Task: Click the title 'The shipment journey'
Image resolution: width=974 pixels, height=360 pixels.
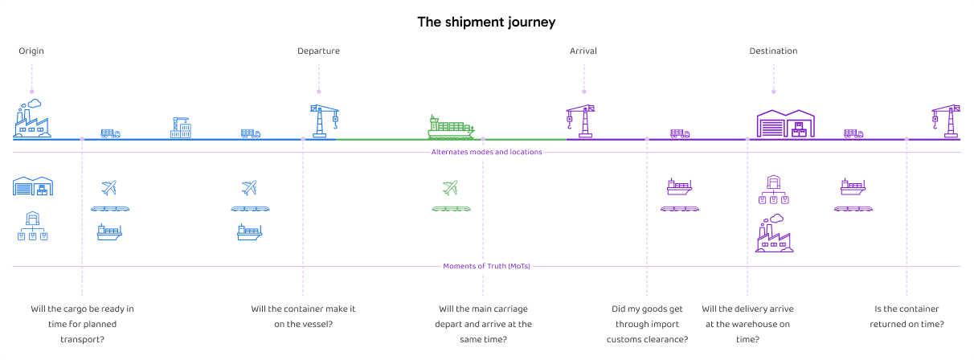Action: [x=486, y=22]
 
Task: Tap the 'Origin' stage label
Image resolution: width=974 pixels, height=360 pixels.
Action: [x=31, y=51]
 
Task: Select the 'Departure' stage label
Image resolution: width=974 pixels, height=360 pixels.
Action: [x=318, y=51]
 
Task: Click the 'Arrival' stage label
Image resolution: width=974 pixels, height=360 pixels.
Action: [x=583, y=51]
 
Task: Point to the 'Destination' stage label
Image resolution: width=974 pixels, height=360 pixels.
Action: [x=773, y=51]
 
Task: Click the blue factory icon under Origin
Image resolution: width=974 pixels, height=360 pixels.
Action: [x=32, y=120]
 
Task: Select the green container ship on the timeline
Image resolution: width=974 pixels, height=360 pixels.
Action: [x=451, y=126]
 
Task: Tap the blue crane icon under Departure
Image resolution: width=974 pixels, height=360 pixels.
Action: [x=325, y=121]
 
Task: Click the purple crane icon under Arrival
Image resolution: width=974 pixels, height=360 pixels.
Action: [x=579, y=121]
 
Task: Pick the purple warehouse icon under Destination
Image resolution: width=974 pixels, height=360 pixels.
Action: [x=785, y=123]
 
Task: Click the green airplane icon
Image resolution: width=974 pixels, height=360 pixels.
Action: [x=450, y=188]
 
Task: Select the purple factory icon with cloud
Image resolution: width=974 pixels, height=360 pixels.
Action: [x=773, y=234]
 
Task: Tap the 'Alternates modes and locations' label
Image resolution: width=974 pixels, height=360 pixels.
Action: [x=486, y=152]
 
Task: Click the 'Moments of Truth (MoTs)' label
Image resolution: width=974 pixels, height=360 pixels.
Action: [x=486, y=266]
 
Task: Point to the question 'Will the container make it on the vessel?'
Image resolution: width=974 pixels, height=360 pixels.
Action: [x=303, y=317]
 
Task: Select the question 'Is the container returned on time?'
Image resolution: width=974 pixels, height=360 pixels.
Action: [x=906, y=317]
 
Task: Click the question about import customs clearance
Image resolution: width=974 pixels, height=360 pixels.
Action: [x=647, y=324]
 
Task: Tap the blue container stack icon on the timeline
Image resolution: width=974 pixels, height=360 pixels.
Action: [x=181, y=128]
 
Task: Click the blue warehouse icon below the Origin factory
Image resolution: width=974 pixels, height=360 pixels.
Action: [x=33, y=186]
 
